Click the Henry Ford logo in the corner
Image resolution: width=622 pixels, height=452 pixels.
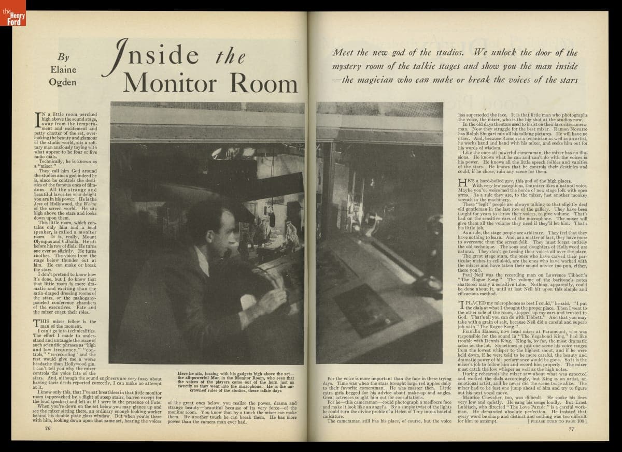click(x=12, y=13)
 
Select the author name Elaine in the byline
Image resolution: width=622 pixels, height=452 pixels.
click(x=63, y=69)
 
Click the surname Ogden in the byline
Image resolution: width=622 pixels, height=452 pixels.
click(x=63, y=82)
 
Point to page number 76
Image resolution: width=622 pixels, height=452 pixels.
click(x=47, y=428)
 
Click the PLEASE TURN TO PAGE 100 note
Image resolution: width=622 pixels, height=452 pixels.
click(x=557, y=421)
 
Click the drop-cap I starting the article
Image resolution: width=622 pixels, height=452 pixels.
click(x=38, y=120)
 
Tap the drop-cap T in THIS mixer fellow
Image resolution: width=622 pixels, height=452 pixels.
click(x=37, y=324)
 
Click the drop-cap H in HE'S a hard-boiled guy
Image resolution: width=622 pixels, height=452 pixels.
click(x=462, y=182)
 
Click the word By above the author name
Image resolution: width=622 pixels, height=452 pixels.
click(x=63, y=57)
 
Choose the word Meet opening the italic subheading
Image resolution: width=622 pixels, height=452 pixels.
click(x=343, y=52)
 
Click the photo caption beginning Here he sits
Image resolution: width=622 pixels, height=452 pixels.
click(x=236, y=382)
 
